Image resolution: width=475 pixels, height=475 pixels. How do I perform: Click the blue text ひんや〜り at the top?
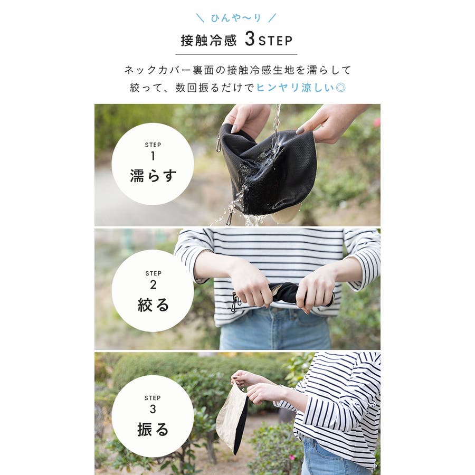[236, 18]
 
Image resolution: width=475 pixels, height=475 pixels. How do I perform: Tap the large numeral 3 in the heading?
[250, 39]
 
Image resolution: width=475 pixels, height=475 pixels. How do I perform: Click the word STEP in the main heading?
[275, 41]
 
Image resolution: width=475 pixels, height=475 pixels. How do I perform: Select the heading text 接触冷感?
[208, 41]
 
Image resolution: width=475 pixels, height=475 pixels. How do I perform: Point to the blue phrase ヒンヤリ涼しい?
[296, 88]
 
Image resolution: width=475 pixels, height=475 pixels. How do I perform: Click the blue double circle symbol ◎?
[341, 88]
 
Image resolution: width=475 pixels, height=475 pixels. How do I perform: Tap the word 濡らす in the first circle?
[153, 175]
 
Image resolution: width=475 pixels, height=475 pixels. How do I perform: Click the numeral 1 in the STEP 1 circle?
[153, 156]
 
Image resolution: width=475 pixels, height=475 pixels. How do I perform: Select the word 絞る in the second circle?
[153, 305]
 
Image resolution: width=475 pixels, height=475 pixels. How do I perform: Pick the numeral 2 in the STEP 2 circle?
[153, 284]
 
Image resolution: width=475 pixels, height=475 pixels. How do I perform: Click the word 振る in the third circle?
[153, 429]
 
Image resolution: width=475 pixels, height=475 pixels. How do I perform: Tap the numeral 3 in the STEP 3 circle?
[153, 409]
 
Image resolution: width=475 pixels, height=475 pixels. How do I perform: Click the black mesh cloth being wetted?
[267, 169]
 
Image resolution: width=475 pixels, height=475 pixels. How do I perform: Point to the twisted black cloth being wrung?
[285, 292]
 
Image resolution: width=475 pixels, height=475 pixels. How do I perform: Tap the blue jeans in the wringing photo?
[275, 330]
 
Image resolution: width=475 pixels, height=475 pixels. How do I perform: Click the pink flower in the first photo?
[377, 122]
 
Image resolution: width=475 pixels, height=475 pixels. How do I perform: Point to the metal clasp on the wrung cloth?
[235, 302]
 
